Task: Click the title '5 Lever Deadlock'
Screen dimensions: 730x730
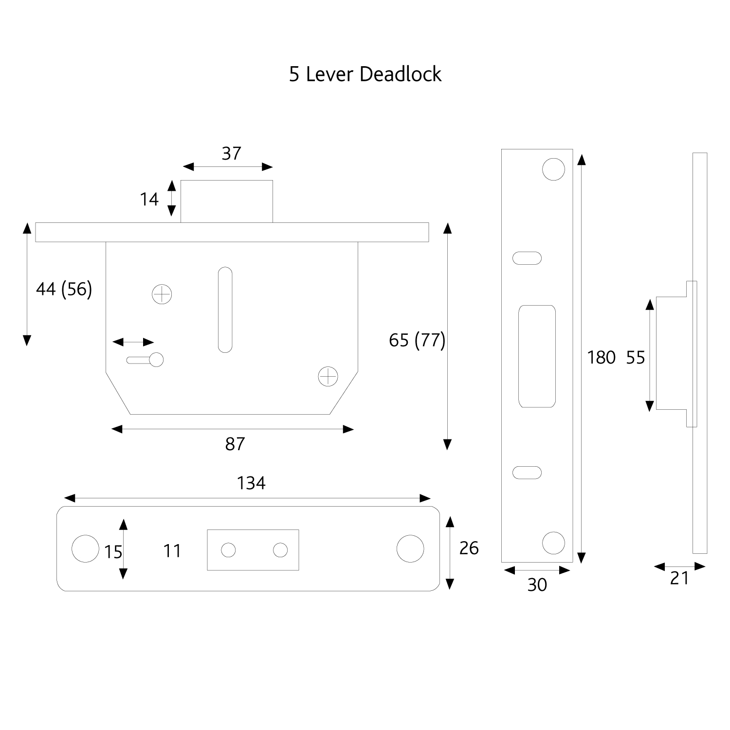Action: point(365,74)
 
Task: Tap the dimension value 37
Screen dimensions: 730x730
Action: point(231,153)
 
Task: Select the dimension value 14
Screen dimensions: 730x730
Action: point(149,199)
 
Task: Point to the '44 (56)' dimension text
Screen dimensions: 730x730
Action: point(64,289)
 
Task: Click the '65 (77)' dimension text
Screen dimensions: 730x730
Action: point(417,340)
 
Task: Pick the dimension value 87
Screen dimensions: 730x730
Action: point(235,444)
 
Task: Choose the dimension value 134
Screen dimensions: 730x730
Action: point(251,483)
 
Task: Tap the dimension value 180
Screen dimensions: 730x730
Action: point(601,358)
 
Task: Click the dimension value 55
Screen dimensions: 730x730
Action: point(635,358)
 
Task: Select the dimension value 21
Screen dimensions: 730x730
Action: point(679,578)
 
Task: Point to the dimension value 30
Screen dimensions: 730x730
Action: point(537,584)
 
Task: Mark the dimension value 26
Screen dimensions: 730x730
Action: point(469,548)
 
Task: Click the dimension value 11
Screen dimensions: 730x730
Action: point(172,551)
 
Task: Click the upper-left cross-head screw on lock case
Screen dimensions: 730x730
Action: point(162,294)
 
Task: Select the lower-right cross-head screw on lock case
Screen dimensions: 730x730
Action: point(328,376)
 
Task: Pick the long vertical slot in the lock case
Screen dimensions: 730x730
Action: point(225,310)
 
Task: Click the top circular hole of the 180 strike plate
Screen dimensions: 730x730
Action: point(553,169)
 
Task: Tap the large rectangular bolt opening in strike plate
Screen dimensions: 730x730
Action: point(537,356)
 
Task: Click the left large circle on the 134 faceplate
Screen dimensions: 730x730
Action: point(85,548)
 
